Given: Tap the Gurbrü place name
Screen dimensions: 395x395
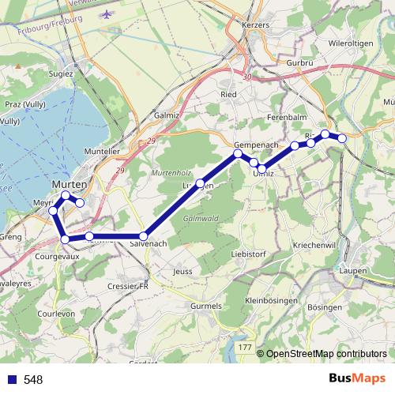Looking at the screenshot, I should click(301, 62).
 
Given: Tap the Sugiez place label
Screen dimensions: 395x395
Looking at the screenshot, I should click(61, 73).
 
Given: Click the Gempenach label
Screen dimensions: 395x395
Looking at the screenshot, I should click(254, 145).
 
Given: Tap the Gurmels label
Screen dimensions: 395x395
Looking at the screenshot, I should click(208, 305).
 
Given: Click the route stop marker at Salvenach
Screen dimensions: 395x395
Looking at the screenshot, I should click(145, 236).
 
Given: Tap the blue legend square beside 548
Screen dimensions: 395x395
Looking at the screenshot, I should click(12, 380).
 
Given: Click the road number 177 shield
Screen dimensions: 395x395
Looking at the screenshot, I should click(245, 348).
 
